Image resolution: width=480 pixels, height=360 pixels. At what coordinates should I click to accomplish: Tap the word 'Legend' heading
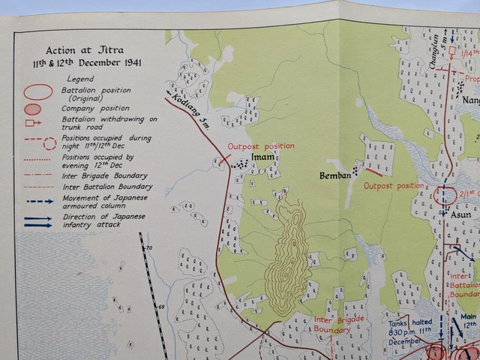click(79, 78)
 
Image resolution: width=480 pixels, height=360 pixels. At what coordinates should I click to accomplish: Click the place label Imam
click(263, 158)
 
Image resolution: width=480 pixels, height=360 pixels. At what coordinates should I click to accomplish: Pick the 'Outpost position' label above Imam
click(261, 145)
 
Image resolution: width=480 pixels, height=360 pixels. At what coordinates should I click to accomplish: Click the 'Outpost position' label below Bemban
click(394, 185)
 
